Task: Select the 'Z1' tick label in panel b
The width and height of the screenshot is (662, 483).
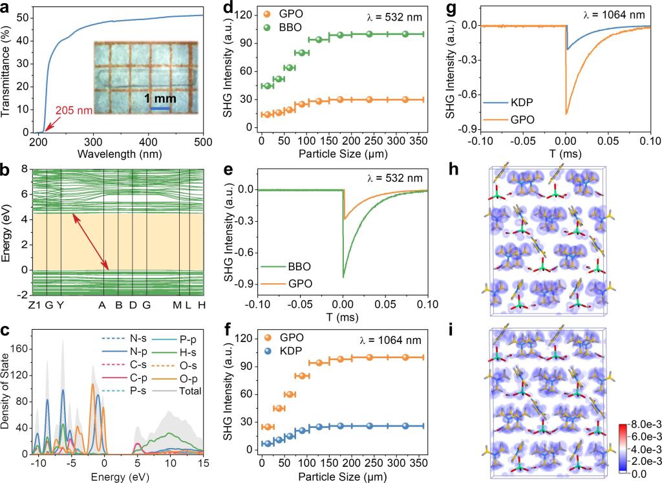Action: point(36,305)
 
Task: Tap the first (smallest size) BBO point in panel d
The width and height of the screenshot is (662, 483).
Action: point(266,86)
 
